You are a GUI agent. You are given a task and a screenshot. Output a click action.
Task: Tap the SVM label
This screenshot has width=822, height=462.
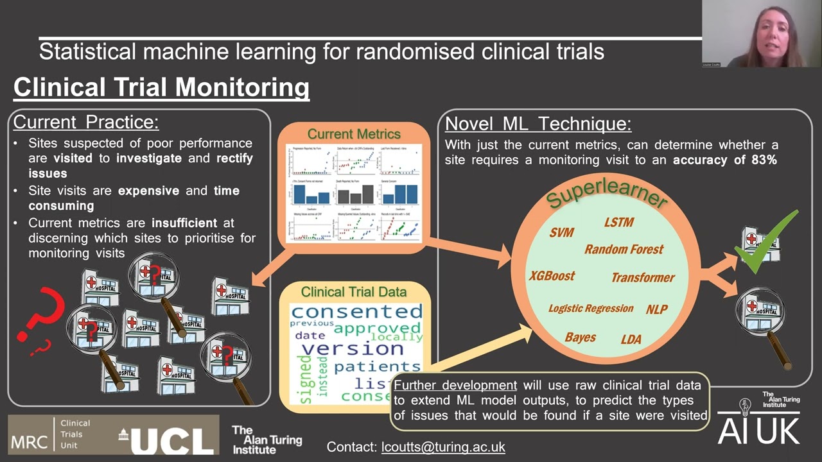tap(562, 232)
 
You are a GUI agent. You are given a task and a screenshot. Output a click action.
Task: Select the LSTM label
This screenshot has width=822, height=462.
tap(619, 223)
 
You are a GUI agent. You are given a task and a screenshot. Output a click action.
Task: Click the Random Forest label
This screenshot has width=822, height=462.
tap(624, 250)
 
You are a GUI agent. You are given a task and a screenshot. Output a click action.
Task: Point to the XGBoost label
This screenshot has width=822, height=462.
tap(552, 276)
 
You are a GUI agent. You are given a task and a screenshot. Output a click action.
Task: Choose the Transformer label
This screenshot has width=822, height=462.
tap(643, 278)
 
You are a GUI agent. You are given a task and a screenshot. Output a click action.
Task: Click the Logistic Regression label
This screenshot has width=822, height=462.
tap(591, 309)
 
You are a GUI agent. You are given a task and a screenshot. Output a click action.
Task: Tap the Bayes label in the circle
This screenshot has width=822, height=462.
tap(580, 338)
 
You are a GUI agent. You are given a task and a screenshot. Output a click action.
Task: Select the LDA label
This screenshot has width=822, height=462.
tap(631, 339)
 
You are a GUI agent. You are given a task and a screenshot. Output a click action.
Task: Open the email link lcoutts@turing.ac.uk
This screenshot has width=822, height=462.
tap(443, 447)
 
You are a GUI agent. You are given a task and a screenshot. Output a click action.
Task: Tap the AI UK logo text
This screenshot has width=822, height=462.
tap(758, 431)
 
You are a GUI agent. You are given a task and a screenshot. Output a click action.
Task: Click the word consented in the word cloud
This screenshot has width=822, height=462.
tap(356, 312)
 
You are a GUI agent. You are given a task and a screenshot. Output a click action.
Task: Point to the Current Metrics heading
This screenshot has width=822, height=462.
tap(354, 134)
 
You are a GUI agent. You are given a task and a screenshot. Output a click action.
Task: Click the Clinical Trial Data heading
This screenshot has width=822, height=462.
tap(354, 292)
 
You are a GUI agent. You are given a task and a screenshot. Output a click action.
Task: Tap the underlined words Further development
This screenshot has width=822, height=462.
tap(455, 386)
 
